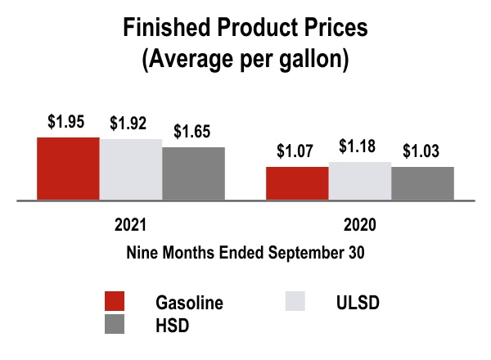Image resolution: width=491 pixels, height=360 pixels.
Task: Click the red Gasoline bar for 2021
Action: click(x=68, y=169)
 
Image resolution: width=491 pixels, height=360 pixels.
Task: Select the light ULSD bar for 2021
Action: click(x=131, y=169)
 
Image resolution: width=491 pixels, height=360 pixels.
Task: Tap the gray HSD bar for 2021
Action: click(x=193, y=173)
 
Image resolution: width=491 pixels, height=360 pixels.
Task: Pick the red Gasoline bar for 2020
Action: click(x=297, y=183)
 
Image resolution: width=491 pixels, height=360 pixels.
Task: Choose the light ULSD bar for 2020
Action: click(x=360, y=181)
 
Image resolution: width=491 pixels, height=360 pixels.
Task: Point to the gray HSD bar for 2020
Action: click(x=422, y=183)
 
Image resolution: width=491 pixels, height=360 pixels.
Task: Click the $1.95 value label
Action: click(x=66, y=121)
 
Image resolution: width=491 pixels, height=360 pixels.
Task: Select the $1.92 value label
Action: click(x=128, y=123)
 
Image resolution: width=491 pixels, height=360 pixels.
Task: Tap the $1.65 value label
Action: click(x=192, y=131)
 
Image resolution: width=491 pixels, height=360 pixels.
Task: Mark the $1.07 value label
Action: click(x=295, y=151)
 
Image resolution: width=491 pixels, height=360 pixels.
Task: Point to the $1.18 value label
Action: click(x=358, y=146)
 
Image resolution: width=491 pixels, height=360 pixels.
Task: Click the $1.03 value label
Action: click(x=421, y=151)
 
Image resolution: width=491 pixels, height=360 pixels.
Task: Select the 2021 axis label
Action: click(x=130, y=225)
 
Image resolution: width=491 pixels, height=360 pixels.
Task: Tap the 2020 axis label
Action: click(x=360, y=225)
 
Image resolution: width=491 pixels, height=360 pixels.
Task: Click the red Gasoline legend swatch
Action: click(x=115, y=301)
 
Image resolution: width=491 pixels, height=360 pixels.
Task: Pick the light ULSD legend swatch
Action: click(x=295, y=301)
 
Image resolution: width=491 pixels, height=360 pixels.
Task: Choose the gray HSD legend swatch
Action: click(x=115, y=324)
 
